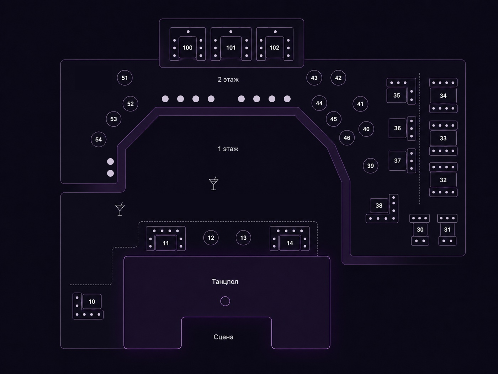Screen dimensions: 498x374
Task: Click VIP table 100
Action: pyautogui.click(x=187, y=47)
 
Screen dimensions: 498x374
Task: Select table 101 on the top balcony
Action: pyautogui.click(x=231, y=47)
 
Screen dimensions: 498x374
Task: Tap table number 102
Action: pyautogui.click(x=274, y=47)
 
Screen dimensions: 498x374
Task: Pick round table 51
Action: pyautogui.click(x=124, y=78)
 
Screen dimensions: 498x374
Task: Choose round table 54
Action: pyautogui.click(x=99, y=139)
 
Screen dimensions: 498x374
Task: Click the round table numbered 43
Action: pyautogui.click(x=314, y=78)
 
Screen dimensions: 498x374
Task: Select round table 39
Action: pyautogui.click(x=371, y=166)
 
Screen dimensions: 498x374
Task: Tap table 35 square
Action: pyautogui.click(x=397, y=95)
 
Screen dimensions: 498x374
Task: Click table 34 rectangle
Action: pyautogui.click(x=443, y=95)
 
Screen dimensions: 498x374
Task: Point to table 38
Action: pyautogui.click(x=379, y=206)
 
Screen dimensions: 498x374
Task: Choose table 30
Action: pyautogui.click(x=420, y=230)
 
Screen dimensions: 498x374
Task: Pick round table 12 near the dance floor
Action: pyautogui.click(x=211, y=238)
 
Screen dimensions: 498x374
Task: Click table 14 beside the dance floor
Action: pyautogui.click(x=290, y=243)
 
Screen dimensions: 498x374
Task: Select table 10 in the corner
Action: pyautogui.click(x=92, y=302)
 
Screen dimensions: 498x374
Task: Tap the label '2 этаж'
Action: pyautogui.click(x=228, y=79)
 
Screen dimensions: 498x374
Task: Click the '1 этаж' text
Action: pyautogui.click(x=228, y=149)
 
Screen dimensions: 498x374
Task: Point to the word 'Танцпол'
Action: pyautogui.click(x=225, y=282)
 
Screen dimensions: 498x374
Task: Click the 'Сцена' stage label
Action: pyautogui.click(x=223, y=337)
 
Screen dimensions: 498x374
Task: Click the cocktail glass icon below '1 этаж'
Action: pyautogui.click(x=213, y=183)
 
